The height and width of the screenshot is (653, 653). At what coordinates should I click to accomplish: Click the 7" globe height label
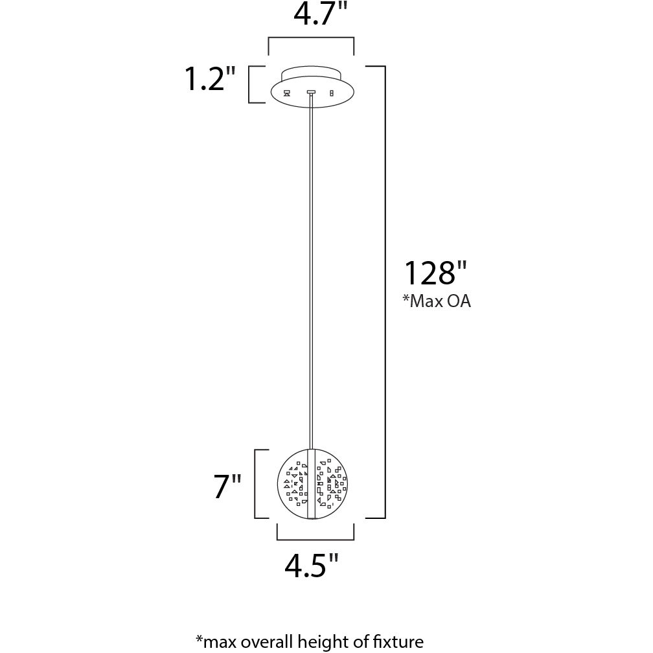click(227, 487)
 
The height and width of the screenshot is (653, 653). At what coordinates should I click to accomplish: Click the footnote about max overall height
click(309, 641)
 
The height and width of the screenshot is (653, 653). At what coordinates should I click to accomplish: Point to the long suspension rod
click(312, 272)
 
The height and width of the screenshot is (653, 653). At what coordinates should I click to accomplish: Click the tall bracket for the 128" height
click(385, 292)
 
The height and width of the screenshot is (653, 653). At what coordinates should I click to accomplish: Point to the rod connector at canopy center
click(311, 93)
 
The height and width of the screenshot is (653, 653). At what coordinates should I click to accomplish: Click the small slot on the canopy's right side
click(332, 93)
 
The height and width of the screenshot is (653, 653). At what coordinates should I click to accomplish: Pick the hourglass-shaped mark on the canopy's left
click(286, 93)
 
